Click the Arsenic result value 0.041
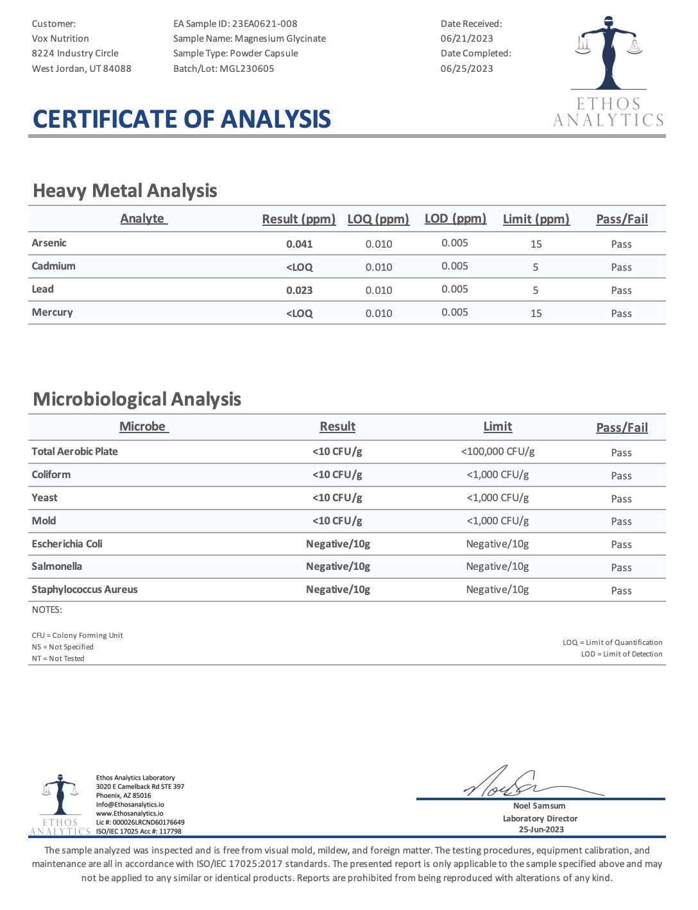299,244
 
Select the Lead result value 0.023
299,290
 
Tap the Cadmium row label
53,266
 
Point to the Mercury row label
52,313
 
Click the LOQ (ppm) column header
378,219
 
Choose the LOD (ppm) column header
455,219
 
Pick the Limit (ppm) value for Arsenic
536,244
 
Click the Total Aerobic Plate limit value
497,452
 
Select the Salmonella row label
56,567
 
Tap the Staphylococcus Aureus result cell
337,590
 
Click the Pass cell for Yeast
621,499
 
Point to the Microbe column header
142,427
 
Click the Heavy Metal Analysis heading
125,191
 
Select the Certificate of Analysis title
182,119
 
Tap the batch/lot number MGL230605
246,69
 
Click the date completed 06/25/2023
466,69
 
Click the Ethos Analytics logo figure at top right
608,55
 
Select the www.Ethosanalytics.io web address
130,814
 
